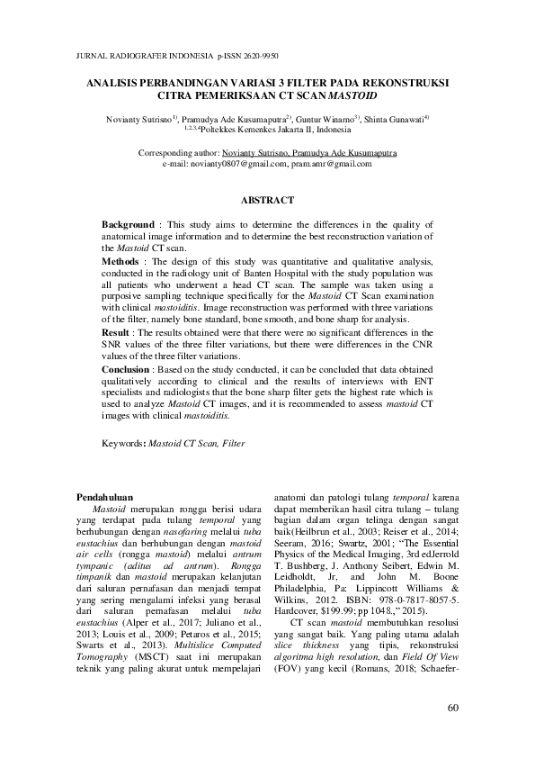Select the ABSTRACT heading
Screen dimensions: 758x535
tap(267, 199)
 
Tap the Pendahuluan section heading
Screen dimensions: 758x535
tap(104, 496)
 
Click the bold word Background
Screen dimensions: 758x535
tap(128, 223)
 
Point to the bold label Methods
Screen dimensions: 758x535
tap(120, 260)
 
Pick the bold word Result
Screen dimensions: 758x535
tap(117, 332)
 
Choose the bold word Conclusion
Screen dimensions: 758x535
tap(127, 368)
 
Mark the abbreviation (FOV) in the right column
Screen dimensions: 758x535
tap(290, 671)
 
